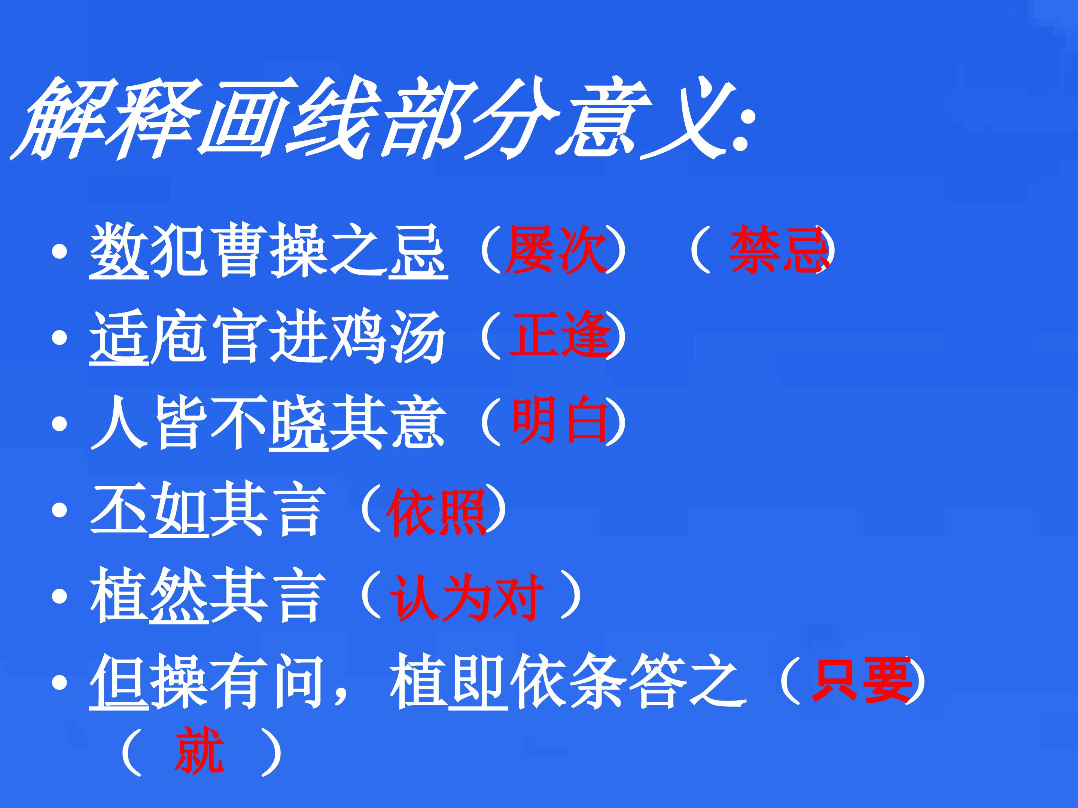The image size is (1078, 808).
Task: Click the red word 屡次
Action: click(x=555, y=250)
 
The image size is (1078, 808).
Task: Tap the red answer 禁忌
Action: click(x=778, y=250)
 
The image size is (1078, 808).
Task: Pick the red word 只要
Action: click(x=861, y=680)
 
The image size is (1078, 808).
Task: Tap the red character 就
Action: click(x=200, y=750)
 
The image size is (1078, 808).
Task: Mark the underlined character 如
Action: click(x=179, y=510)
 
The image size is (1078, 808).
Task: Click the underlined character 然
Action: click(x=179, y=595)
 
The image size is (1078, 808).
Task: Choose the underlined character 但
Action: click(x=119, y=681)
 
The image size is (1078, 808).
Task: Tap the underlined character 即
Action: click(x=478, y=681)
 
